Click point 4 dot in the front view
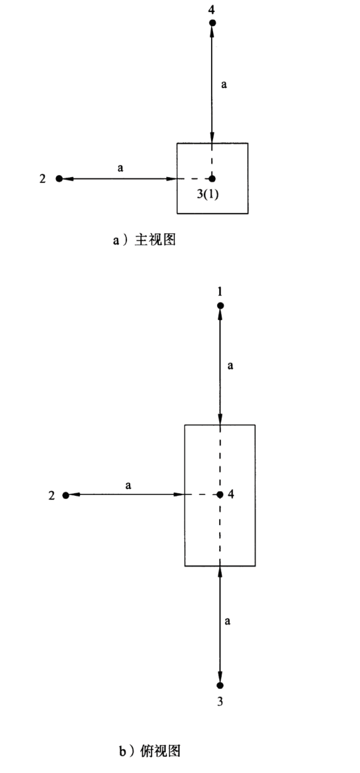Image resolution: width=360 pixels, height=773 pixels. pyautogui.click(x=212, y=23)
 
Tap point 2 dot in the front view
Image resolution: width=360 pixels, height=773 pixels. pyautogui.click(x=59, y=178)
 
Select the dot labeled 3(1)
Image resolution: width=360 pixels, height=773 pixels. pyautogui.click(x=212, y=178)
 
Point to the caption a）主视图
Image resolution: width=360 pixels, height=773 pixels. pyautogui.click(x=144, y=240)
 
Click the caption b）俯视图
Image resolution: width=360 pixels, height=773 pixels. pyautogui.click(x=150, y=751)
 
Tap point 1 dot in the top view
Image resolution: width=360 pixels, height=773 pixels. pyautogui.click(x=220, y=305)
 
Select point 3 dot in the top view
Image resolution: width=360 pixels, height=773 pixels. pyautogui.click(x=220, y=685)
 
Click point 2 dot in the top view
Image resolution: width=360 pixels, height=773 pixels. pyautogui.click(x=65, y=495)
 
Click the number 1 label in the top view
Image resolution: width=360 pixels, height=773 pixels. pyautogui.click(x=220, y=292)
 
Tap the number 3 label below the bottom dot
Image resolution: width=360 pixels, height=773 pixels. pyautogui.click(x=220, y=702)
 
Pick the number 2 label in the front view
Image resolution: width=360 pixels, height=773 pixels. pyautogui.click(x=42, y=178)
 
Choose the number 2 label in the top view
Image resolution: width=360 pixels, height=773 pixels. pyautogui.click(x=51, y=496)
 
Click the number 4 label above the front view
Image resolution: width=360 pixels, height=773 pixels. pyautogui.click(x=212, y=9)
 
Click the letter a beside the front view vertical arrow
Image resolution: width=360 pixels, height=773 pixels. pyautogui.click(x=224, y=85)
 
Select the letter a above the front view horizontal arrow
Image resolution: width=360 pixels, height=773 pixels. pyautogui.click(x=120, y=168)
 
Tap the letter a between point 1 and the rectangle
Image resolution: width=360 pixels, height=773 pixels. pyautogui.click(x=230, y=366)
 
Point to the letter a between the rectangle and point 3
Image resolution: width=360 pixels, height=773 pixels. pyautogui.click(x=227, y=621)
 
